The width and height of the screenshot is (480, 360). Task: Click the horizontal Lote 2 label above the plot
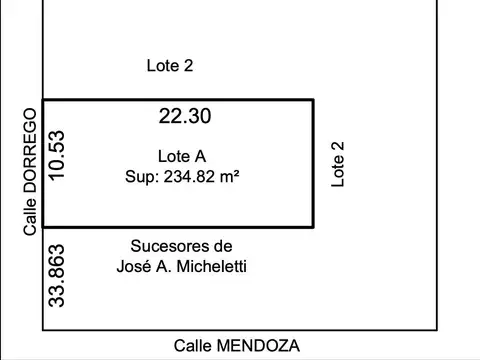pyautogui.click(x=169, y=66)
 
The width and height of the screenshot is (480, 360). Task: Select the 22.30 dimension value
pyautogui.click(x=185, y=116)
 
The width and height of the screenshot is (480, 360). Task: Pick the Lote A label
pyautogui.click(x=182, y=156)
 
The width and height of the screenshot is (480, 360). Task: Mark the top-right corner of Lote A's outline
pyautogui.click(x=313, y=100)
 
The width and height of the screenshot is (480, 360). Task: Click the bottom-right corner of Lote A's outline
pyautogui.click(x=313, y=228)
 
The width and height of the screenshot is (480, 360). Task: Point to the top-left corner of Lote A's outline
pyautogui.click(x=43, y=100)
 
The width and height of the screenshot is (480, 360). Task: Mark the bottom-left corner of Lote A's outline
pyautogui.click(x=43, y=228)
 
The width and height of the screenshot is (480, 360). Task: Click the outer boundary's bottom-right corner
pyautogui.click(x=438, y=330)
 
